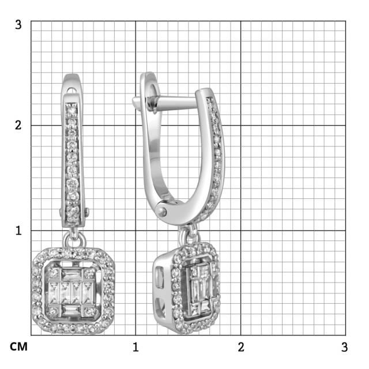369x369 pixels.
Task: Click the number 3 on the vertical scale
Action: (18, 25)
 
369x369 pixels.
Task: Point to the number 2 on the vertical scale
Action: (18, 126)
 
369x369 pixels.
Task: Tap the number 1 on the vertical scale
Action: (18, 231)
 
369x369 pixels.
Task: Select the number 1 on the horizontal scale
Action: (136, 347)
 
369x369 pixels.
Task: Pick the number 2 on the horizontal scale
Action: (241, 347)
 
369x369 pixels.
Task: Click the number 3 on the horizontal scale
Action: (344, 347)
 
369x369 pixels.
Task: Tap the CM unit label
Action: (19, 347)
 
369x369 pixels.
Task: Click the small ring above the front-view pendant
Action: (74, 237)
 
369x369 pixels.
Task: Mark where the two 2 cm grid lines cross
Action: (241, 126)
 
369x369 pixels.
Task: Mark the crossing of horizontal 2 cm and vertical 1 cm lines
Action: (136, 126)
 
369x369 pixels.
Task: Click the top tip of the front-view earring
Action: (71, 76)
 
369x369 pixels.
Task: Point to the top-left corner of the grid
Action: (31, 21)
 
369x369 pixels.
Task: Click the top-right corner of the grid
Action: (345, 21)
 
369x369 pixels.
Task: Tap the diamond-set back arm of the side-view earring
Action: (218, 156)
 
